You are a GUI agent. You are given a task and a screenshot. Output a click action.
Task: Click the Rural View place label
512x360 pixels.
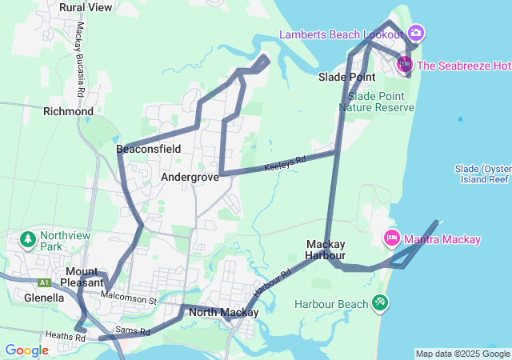click(86, 7)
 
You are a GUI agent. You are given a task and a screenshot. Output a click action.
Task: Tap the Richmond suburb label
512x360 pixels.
click(68, 111)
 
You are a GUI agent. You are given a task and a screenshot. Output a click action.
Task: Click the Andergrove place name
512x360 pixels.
click(190, 177)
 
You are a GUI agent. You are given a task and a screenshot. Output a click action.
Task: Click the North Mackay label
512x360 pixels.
click(224, 313)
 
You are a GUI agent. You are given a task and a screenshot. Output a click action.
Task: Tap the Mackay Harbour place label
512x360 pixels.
click(325, 250)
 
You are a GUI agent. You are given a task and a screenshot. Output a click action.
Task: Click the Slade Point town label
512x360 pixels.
click(346, 77)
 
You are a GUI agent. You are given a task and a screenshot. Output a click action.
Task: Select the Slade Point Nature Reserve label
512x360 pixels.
click(376, 102)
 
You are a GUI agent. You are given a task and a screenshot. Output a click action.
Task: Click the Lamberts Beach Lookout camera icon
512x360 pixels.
click(415, 34)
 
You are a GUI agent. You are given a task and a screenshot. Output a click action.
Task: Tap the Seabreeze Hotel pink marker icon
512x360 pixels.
click(405, 65)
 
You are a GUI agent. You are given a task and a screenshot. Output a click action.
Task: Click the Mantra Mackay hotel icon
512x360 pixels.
click(392, 238)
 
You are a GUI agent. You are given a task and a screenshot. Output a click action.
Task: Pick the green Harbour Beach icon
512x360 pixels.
click(380, 303)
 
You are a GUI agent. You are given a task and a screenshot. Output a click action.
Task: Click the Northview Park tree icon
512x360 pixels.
click(28, 238)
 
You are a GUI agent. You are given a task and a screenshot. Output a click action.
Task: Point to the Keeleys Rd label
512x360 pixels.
click(286, 164)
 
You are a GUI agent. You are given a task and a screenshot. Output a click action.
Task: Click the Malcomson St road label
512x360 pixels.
click(129, 298)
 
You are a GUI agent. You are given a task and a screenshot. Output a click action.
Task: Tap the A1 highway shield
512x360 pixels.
click(43, 282)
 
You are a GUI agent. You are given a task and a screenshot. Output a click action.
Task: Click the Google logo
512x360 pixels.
click(26, 350)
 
